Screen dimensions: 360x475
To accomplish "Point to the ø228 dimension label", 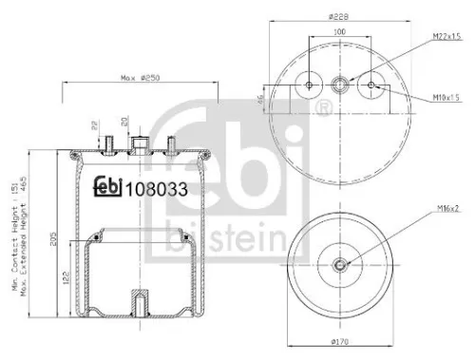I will [341, 16].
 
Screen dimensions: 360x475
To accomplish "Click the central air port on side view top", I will [141, 143].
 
